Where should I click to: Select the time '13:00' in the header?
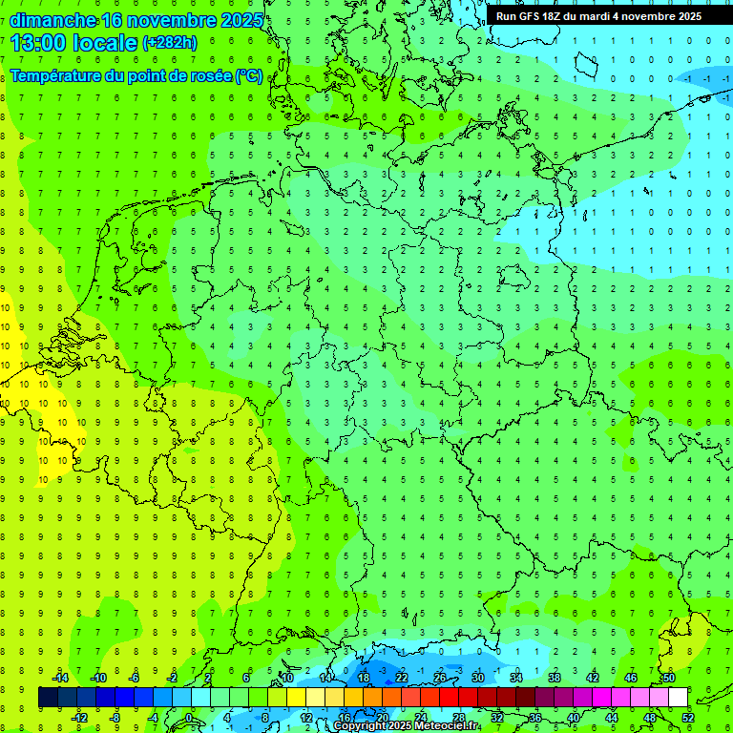click(x=35, y=43)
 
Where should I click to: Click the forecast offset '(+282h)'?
click(x=170, y=43)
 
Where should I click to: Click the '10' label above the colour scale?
click(x=287, y=678)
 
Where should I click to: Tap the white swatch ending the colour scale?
click(x=678, y=698)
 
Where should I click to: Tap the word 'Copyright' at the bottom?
click(x=360, y=726)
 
